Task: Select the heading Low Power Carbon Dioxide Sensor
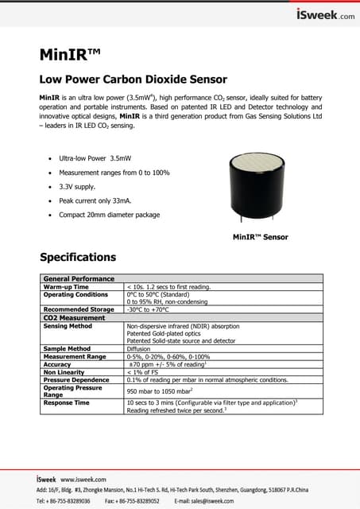pos(134,80)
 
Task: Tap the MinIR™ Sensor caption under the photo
pos(260,237)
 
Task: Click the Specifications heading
pos(78,257)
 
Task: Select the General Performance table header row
pos(79,279)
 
